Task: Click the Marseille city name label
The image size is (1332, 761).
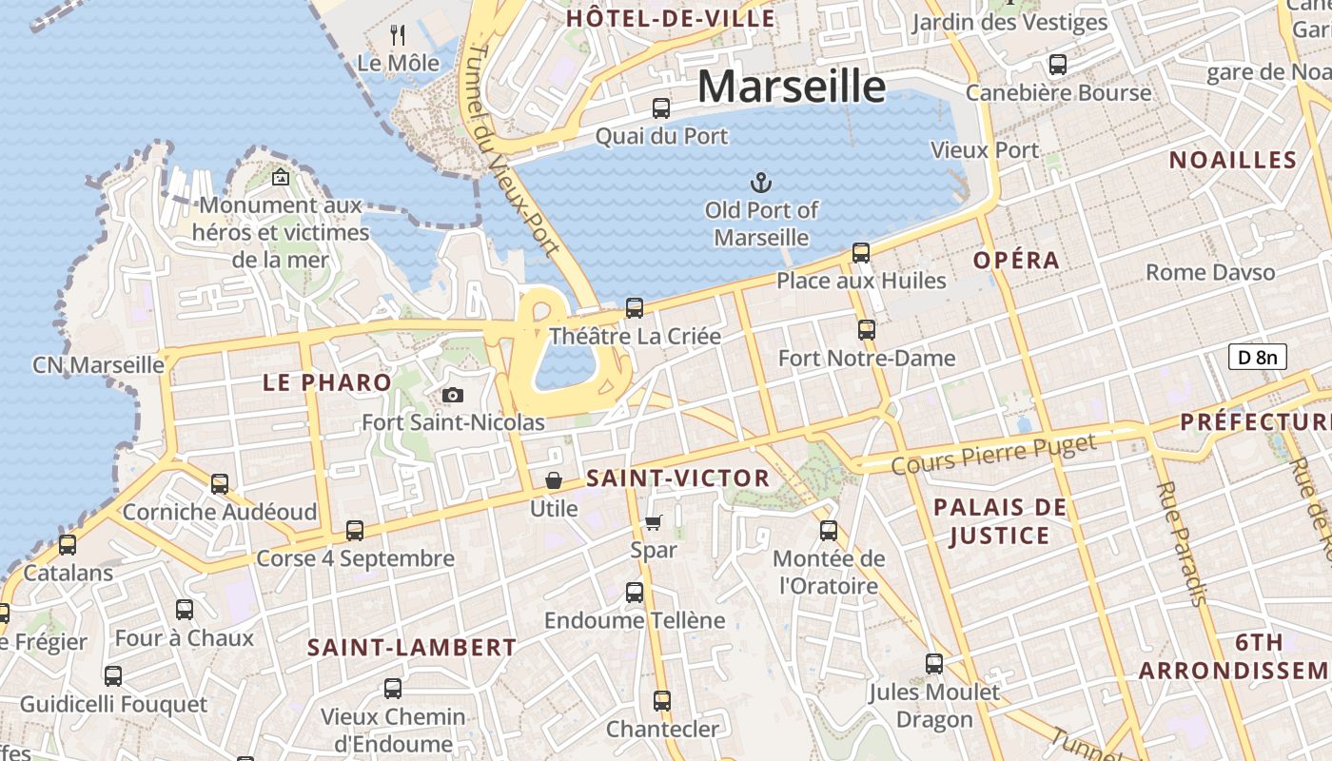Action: [x=792, y=86]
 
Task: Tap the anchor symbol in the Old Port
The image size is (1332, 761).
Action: [x=761, y=182]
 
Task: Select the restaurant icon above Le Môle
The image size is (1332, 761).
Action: [x=398, y=36]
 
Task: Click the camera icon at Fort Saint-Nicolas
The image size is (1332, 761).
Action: [x=453, y=395]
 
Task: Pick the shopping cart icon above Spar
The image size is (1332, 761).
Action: [x=653, y=521]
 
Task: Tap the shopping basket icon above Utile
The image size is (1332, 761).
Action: [x=553, y=481]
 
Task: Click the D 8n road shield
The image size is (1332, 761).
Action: [x=1258, y=357]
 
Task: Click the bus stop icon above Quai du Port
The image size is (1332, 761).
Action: [x=660, y=108]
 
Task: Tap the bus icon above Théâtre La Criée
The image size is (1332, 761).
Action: [x=634, y=308]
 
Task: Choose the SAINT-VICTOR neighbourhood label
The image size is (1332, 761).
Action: [x=677, y=478]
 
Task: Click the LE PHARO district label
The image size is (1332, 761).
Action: [x=327, y=383]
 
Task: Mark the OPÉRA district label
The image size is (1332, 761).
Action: [x=1016, y=261]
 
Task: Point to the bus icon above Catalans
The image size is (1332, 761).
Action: [x=68, y=545]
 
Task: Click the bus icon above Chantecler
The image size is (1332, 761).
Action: [x=662, y=701]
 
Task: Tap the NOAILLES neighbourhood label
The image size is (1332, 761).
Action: [x=1233, y=160]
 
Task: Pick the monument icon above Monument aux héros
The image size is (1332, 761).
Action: [x=281, y=177]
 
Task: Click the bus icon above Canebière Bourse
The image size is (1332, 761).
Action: [x=1057, y=65]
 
